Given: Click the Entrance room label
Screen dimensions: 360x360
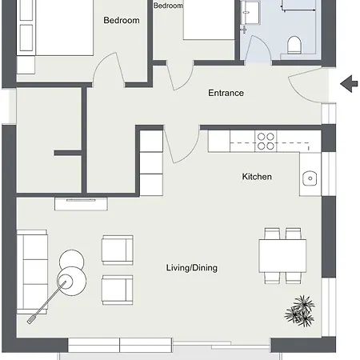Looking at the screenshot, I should (x=226, y=93).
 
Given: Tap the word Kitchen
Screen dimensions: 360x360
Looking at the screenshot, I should (x=257, y=176).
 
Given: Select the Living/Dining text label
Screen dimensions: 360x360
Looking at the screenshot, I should (x=191, y=268).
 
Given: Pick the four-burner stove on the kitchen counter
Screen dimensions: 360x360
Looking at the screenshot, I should (x=266, y=141).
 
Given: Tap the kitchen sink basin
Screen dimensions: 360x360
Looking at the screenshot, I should (x=310, y=178).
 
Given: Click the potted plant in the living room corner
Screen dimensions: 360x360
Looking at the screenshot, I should (x=302, y=309).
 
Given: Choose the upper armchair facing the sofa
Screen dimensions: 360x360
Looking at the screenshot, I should (x=117, y=250).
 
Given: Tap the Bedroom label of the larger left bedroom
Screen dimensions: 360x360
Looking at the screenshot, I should (x=122, y=21).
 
